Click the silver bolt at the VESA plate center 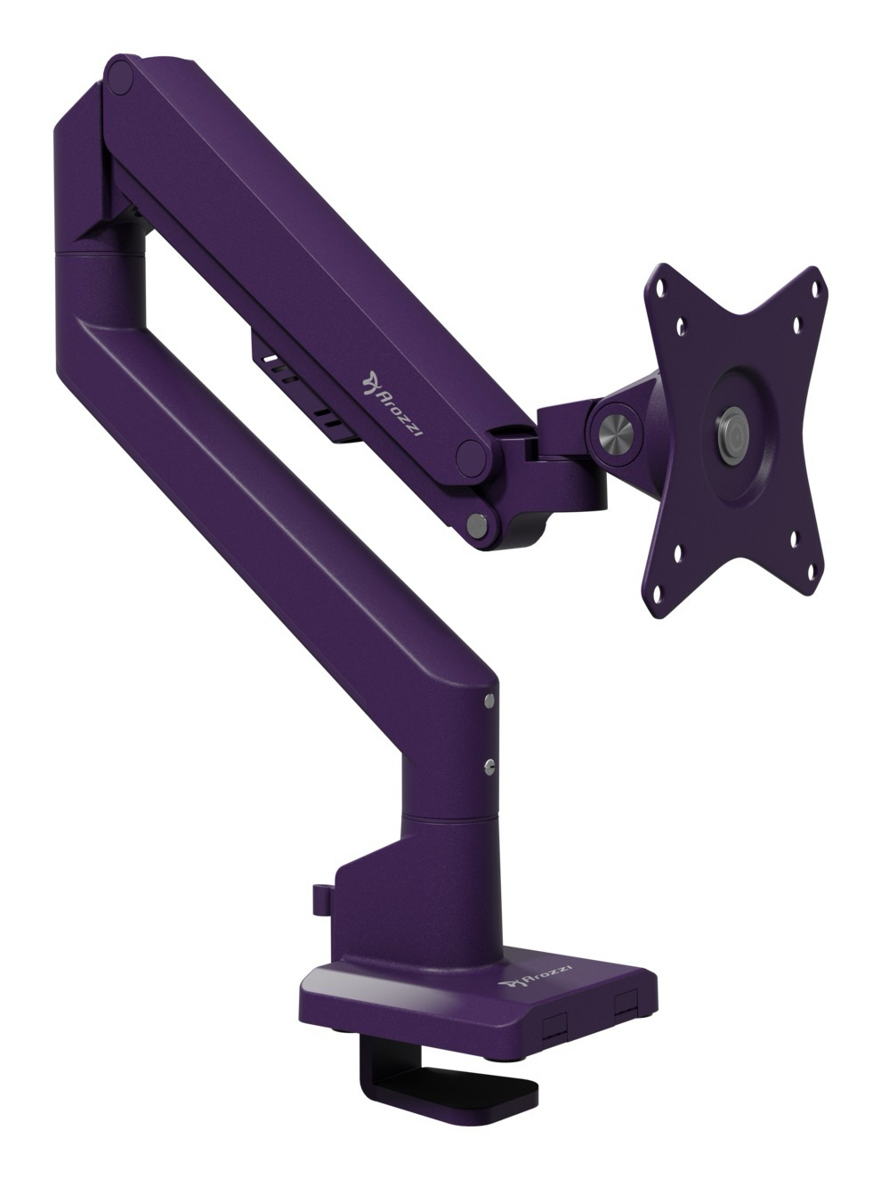(x=734, y=425)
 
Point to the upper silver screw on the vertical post (x=489, y=702)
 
